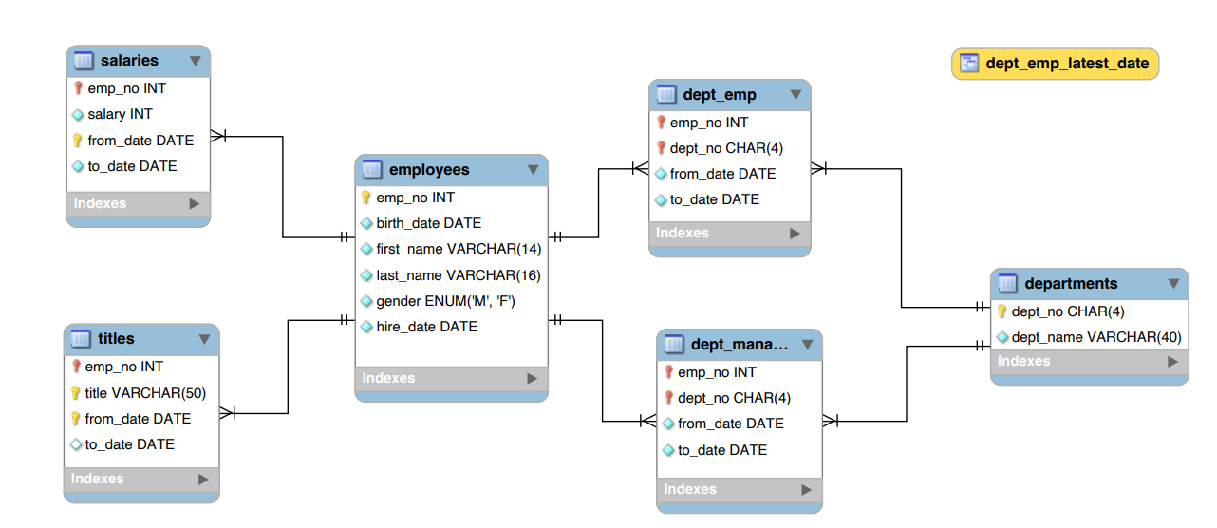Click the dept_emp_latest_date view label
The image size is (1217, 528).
(x=1066, y=64)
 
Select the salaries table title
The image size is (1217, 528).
(x=129, y=61)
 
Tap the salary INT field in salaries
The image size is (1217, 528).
(x=120, y=114)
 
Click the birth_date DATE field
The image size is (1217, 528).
(x=428, y=223)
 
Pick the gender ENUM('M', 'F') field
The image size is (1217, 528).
(x=445, y=301)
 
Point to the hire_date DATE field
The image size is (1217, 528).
(x=426, y=327)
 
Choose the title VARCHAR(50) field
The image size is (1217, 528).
(x=144, y=393)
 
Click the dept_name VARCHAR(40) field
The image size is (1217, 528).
(x=1095, y=337)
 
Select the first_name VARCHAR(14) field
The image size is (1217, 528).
(x=458, y=249)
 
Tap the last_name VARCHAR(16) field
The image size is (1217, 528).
(x=458, y=275)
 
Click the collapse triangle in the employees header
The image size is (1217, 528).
(x=533, y=170)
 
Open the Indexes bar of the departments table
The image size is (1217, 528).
(x=1089, y=362)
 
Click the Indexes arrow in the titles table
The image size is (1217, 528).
(x=203, y=480)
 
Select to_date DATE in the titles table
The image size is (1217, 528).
(x=129, y=444)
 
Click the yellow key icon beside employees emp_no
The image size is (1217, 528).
(x=366, y=198)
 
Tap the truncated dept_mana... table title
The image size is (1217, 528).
(x=740, y=345)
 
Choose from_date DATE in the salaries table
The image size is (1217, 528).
(x=140, y=141)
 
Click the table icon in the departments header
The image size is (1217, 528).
(x=1006, y=284)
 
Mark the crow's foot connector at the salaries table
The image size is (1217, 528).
(x=218, y=136)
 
